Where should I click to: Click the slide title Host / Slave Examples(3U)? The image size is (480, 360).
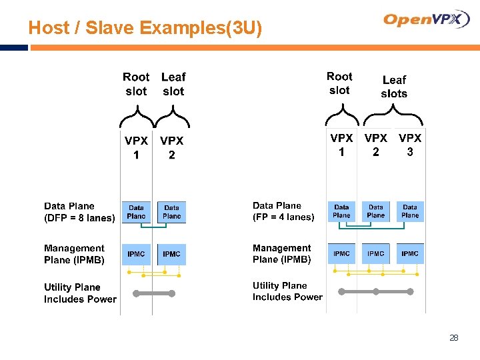click(x=145, y=28)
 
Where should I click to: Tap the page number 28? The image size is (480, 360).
click(x=454, y=338)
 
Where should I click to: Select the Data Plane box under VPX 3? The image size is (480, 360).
click(x=410, y=211)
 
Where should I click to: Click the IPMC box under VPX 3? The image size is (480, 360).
click(x=410, y=253)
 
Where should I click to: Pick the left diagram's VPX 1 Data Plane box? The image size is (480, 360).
click(x=136, y=212)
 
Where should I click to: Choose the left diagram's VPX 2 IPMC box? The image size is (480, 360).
click(x=171, y=254)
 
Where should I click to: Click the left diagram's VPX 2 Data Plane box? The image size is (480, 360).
click(x=171, y=212)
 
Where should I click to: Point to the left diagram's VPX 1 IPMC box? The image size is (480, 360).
click(x=136, y=254)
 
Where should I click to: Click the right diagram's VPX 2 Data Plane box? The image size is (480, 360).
click(x=376, y=211)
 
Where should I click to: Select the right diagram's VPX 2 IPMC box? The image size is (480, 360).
click(x=376, y=253)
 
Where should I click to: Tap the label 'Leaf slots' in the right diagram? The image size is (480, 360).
click(x=394, y=87)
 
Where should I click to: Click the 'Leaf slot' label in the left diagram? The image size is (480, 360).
click(x=173, y=85)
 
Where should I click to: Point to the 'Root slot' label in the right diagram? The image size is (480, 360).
click(x=339, y=83)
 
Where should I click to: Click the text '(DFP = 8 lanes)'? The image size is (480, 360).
click(x=79, y=218)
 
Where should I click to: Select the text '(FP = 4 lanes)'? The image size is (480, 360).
click(x=283, y=217)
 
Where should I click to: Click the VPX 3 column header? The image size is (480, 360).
click(x=410, y=145)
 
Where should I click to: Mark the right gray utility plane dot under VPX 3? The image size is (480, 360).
click(x=410, y=291)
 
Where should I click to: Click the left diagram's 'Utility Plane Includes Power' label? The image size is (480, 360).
click(x=80, y=293)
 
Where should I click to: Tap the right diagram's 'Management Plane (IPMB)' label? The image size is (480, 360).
click(x=282, y=254)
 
